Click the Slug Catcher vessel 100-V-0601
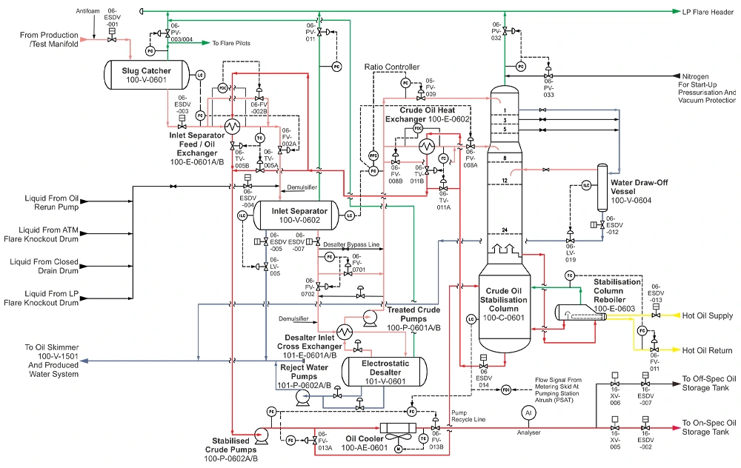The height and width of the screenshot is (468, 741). click(146, 75)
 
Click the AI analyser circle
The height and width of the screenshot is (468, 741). click(528, 412)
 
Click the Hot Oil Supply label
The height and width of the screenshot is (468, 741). click(708, 315)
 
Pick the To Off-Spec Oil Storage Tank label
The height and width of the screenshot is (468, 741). click(709, 384)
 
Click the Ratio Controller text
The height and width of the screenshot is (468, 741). click(392, 67)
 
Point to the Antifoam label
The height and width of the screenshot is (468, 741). click(87, 12)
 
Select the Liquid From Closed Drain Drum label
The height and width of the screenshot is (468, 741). click(43, 266)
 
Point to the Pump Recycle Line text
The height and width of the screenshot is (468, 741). click(468, 416)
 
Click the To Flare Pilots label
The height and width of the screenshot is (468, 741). click(231, 43)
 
